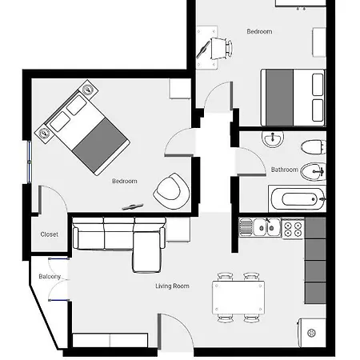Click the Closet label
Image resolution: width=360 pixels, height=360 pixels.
(x=50, y=234)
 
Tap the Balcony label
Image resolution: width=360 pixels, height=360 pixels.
(x=50, y=277)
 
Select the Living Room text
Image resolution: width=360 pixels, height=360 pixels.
(x=172, y=286)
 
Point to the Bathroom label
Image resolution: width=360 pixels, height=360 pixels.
(x=285, y=170)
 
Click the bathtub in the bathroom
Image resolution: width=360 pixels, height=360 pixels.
(x=297, y=199)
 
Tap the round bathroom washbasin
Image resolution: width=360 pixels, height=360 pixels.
(x=273, y=138)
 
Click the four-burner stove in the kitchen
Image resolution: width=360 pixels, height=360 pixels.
(x=293, y=229)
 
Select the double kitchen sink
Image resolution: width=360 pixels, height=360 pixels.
(x=266, y=227)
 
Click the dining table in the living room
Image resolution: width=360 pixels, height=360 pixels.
(x=238, y=298)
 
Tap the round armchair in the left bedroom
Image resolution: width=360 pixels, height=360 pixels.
(x=172, y=191)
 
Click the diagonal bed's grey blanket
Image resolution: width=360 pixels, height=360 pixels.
(x=99, y=146)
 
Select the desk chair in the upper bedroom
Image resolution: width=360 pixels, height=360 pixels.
(x=222, y=49)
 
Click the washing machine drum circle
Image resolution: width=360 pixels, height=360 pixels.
(x=312, y=333)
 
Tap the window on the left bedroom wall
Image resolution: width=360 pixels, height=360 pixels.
(x=30, y=162)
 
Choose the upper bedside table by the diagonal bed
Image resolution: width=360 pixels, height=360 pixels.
(x=88, y=90)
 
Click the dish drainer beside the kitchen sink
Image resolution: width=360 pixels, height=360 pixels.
(x=246, y=227)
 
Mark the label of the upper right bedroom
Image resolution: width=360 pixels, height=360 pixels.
(x=259, y=31)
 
